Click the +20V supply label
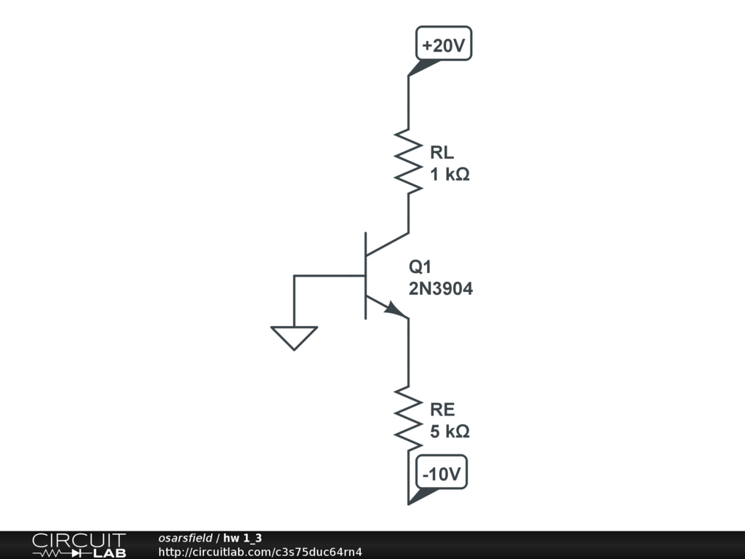point(443,45)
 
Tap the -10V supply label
point(443,475)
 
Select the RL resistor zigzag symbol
point(409,162)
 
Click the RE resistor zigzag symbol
point(409,418)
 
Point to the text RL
point(442,153)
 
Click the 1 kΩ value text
point(449,175)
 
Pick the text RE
point(442,409)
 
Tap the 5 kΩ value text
point(449,432)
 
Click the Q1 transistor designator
point(420,266)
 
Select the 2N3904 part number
point(440,289)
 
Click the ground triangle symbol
point(294,337)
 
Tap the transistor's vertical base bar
point(365,276)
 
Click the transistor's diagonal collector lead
point(387,245)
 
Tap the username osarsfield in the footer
point(185,538)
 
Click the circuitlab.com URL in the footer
point(260,552)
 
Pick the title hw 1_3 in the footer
point(242,538)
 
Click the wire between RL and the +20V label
point(409,102)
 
